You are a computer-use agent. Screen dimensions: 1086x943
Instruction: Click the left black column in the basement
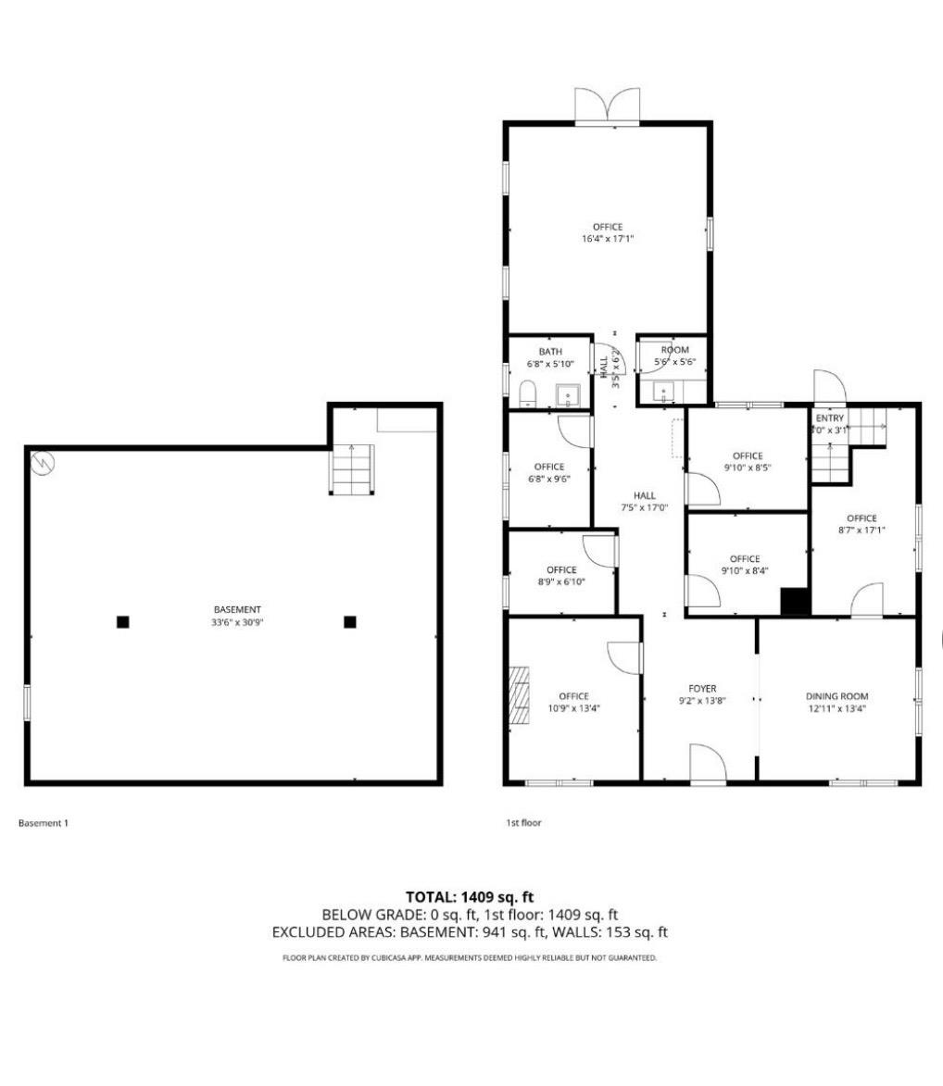[122, 622]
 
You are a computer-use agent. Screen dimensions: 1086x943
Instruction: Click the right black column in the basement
[350, 622]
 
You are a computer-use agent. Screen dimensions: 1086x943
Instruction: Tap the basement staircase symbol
[352, 469]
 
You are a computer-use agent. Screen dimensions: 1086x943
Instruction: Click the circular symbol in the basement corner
[42, 463]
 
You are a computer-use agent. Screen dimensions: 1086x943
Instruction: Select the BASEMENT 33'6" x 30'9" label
[237, 616]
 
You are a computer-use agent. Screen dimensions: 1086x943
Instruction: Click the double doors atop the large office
[608, 105]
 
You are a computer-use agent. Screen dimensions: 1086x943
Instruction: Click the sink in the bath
[568, 396]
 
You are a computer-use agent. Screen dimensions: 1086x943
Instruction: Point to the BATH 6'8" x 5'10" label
[550, 357]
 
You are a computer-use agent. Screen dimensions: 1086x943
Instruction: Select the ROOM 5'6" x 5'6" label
[675, 356]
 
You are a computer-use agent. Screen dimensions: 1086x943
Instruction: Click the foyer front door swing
[710, 766]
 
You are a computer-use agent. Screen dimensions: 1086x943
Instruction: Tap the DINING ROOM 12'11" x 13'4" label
[836, 702]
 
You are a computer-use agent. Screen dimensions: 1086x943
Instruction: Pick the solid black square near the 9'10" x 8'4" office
[795, 601]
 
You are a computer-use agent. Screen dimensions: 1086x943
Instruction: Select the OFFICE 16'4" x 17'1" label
[608, 232]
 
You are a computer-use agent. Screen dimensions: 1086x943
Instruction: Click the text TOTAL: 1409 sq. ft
[470, 896]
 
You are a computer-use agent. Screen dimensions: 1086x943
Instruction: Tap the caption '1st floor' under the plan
[523, 822]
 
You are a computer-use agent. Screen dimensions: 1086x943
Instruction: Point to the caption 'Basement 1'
[44, 822]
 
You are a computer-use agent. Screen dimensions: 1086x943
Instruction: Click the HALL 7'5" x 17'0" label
[645, 501]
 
